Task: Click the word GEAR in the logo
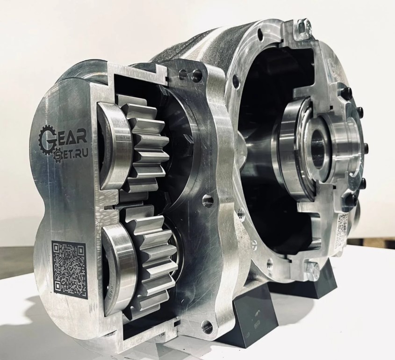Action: click(63, 137)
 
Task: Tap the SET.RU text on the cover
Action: click(71, 153)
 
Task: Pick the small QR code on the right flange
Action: click(343, 228)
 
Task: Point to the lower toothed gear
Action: click(154, 260)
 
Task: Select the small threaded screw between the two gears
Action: click(110, 208)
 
